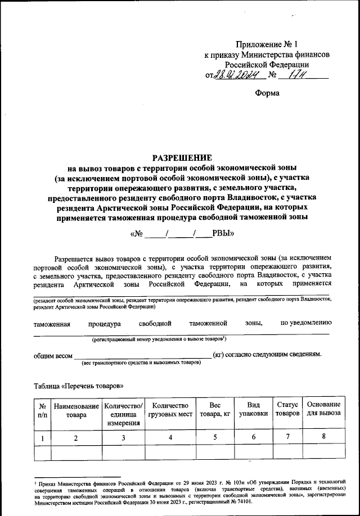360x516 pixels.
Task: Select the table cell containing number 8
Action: pos(323,437)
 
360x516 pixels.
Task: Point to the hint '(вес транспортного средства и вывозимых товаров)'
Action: pos(142,364)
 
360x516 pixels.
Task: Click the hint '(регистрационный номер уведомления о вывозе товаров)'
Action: pos(159,340)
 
